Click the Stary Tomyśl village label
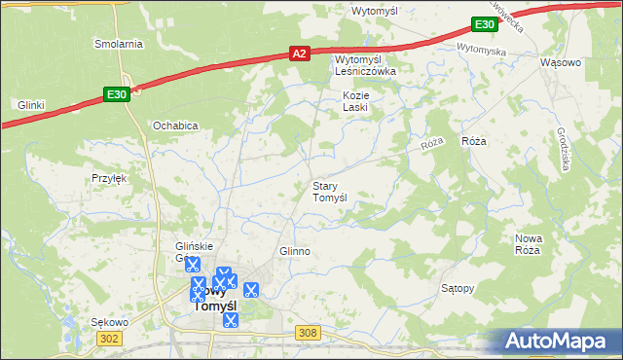click(x=329, y=191)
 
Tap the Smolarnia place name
click(x=118, y=44)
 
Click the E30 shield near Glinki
click(x=116, y=93)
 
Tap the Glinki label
click(x=32, y=104)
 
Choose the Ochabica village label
click(x=175, y=126)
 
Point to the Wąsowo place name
click(x=560, y=62)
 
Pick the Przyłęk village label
click(x=109, y=178)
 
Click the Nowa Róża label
click(x=528, y=244)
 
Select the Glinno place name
click(x=295, y=251)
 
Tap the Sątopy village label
click(x=458, y=289)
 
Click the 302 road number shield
click(x=109, y=338)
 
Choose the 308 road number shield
click(x=309, y=333)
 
